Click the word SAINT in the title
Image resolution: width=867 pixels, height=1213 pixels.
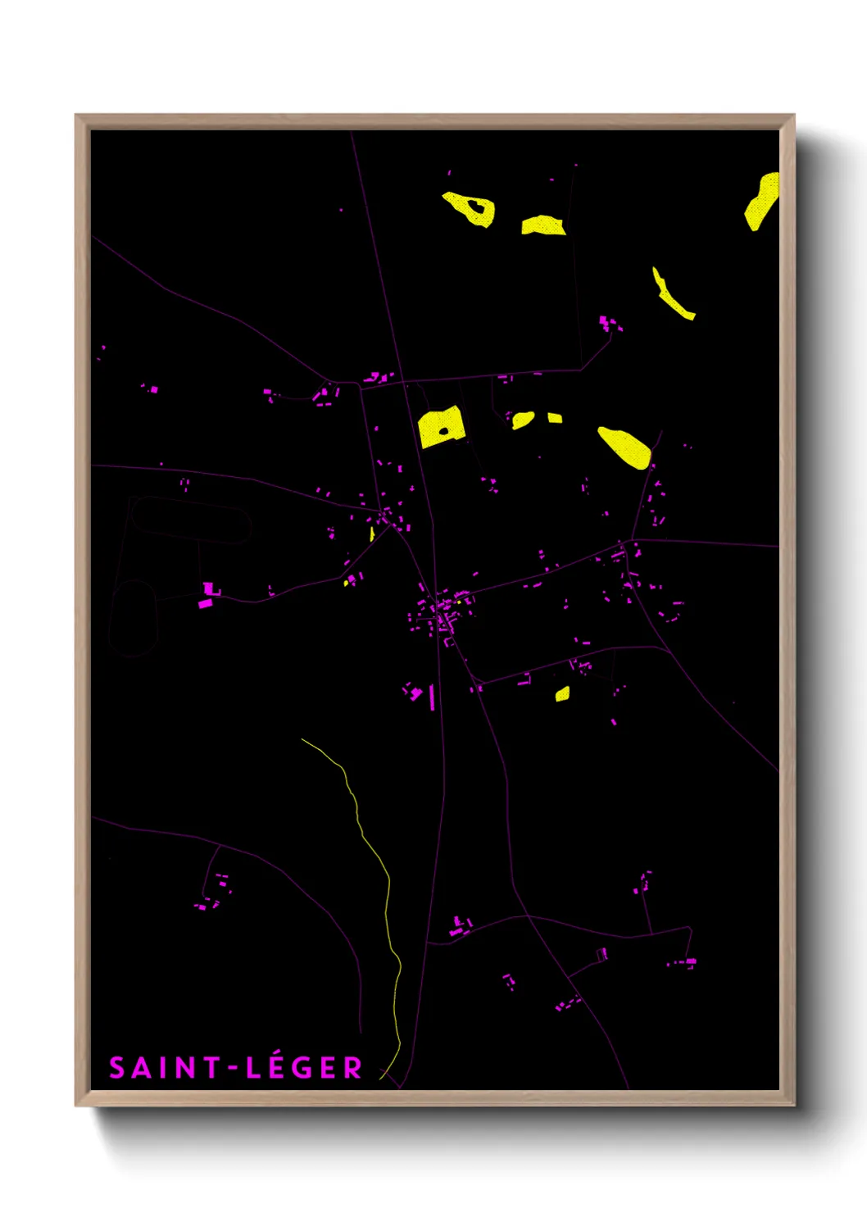pyautogui.click(x=163, y=1068)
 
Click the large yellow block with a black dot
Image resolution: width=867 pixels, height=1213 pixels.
pyautogui.click(x=442, y=427)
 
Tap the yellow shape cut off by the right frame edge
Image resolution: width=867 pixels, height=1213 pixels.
pyautogui.click(x=762, y=201)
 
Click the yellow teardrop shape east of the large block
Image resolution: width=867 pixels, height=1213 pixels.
pyautogui.click(x=625, y=447)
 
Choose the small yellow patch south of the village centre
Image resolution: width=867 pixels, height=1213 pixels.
pyautogui.click(x=562, y=694)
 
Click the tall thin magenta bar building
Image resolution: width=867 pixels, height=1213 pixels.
pyautogui.click(x=432, y=697)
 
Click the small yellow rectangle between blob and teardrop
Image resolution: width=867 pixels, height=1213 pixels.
pyautogui.click(x=555, y=418)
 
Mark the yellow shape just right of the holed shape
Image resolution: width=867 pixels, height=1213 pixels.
pyautogui.click(x=542, y=225)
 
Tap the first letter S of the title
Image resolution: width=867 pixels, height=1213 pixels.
pyautogui.click(x=116, y=1068)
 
